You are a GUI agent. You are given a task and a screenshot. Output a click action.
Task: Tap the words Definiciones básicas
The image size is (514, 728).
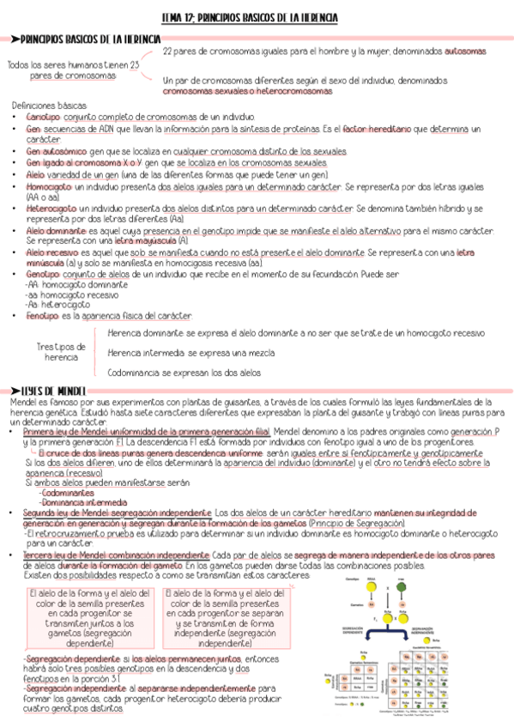(x=48, y=104)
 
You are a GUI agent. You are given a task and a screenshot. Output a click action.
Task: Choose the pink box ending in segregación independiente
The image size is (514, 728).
(x=225, y=618)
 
